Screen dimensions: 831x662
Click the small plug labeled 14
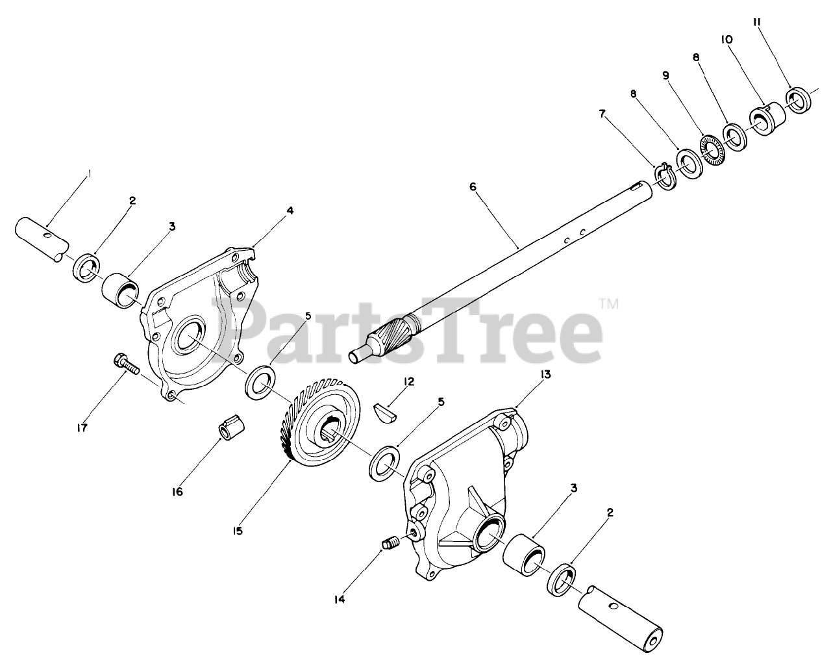click(x=390, y=543)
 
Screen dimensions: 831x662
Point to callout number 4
click(x=290, y=210)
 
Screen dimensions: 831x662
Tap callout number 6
click(x=473, y=186)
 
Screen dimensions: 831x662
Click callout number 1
click(x=90, y=173)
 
